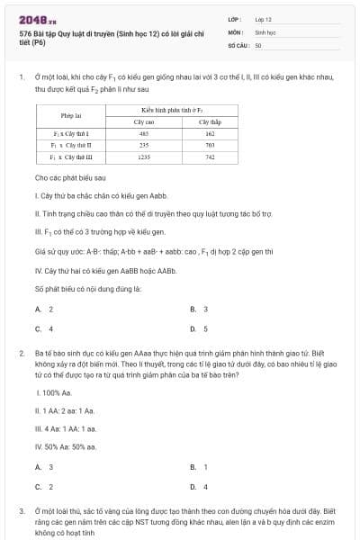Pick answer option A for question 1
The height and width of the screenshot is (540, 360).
point(44,309)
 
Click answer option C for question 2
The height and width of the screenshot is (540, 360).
point(44,487)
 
